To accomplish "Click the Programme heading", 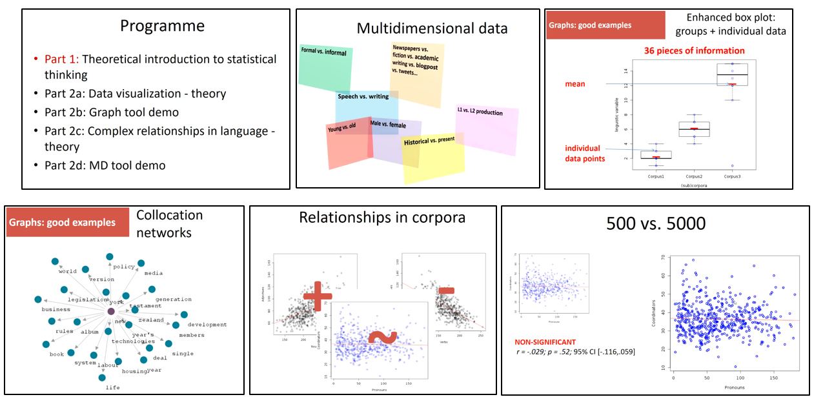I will pyautogui.click(x=162, y=26).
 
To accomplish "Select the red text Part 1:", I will pyautogui.click(x=62, y=59).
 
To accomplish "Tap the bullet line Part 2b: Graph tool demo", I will pyautogui.click(x=112, y=112).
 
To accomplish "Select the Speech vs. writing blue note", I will pyautogui.click(x=365, y=103).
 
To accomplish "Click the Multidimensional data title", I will pyautogui.click(x=432, y=28).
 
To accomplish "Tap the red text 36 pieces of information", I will pyautogui.click(x=694, y=50).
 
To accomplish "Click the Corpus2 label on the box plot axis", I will pyautogui.click(x=694, y=176).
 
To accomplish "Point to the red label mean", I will pyautogui.click(x=576, y=84).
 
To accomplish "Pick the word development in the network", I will pyautogui.click(x=207, y=325).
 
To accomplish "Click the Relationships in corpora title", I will pyautogui.click(x=382, y=218).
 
